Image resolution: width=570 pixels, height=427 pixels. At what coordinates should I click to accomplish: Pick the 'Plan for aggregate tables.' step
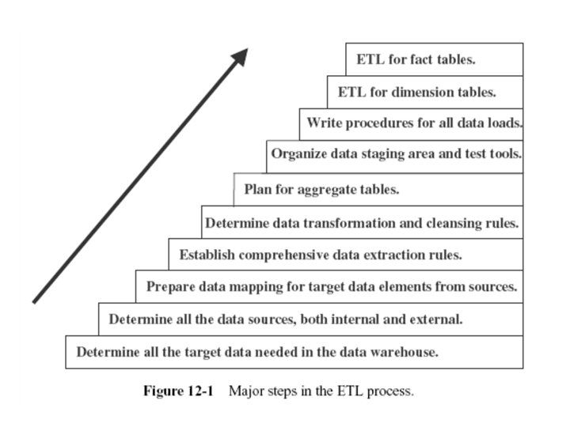coord(321,190)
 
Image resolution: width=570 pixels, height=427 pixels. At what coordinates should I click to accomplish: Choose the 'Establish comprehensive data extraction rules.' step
coord(321,255)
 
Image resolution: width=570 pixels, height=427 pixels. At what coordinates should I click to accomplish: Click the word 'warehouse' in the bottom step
coord(403,353)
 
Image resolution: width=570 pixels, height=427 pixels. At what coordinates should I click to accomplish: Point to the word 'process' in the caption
coord(391,391)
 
